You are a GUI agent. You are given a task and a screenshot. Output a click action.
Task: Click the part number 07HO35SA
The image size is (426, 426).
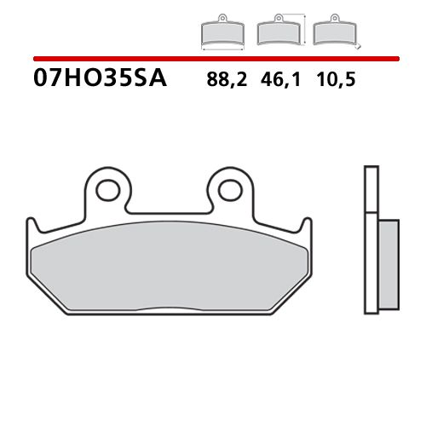click(101, 80)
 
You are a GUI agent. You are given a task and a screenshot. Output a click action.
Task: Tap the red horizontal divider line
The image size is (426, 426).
click(213, 58)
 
